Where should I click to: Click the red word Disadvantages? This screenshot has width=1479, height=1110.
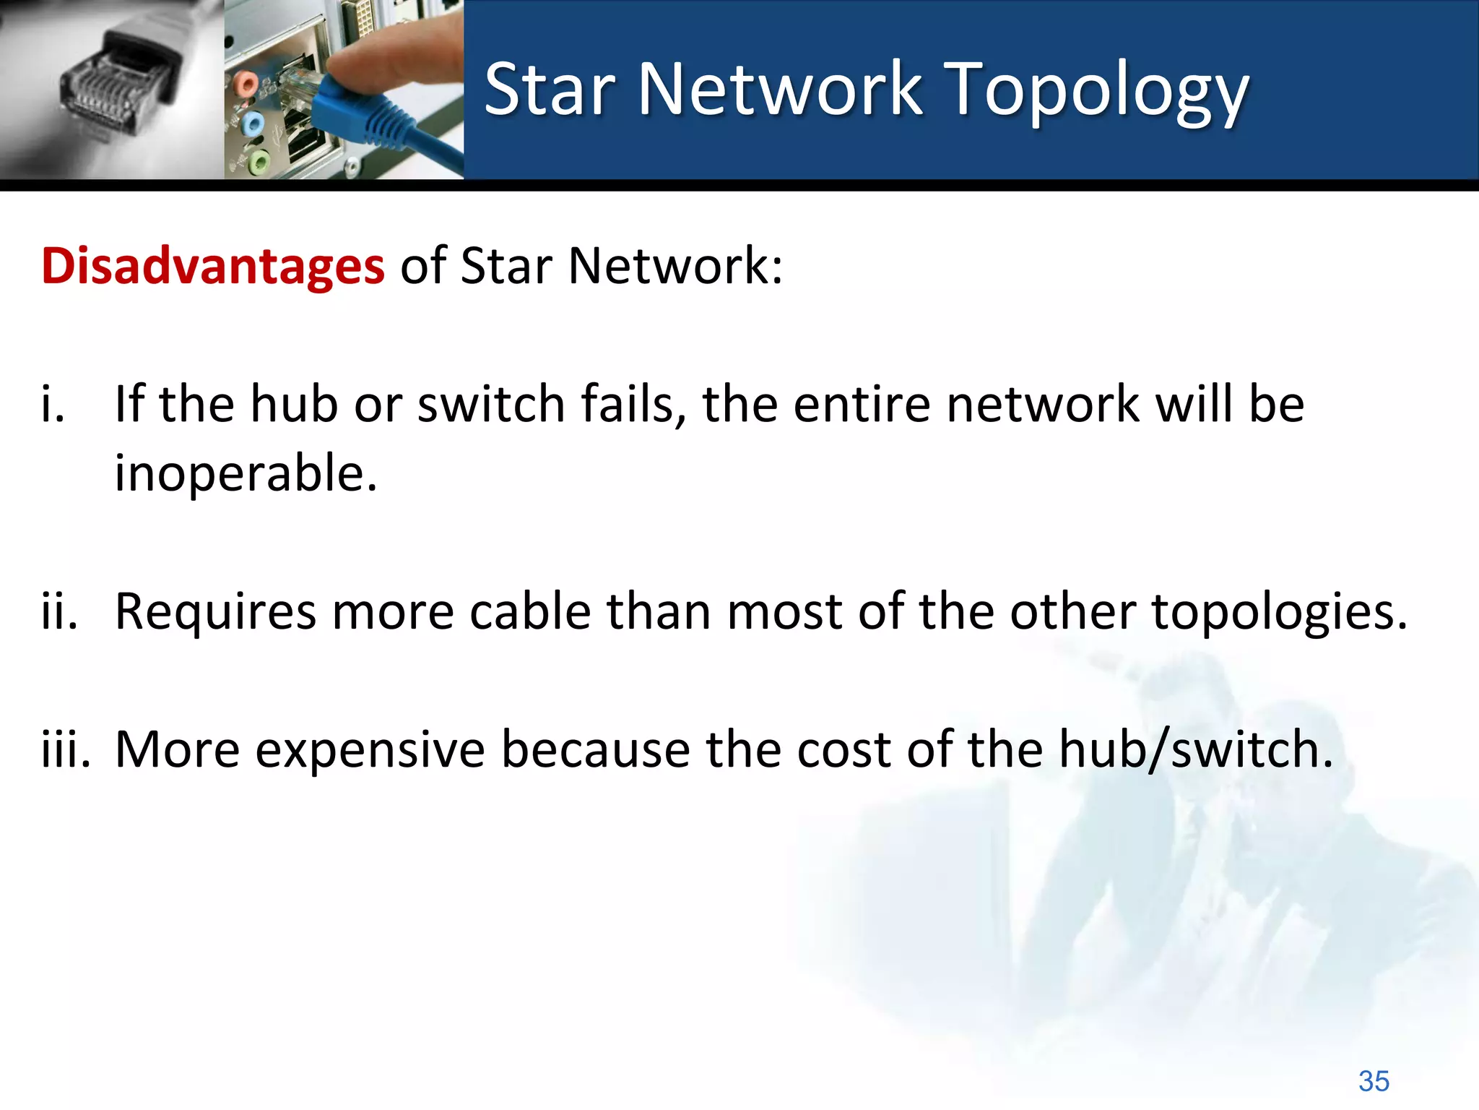click(x=212, y=266)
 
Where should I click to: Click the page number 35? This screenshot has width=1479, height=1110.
click(x=1373, y=1081)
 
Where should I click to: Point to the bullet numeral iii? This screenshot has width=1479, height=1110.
click(x=65, y=749)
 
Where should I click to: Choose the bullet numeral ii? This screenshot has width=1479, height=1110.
click(x=58, y=611)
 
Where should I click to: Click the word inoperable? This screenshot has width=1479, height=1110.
click(x=246, y=473)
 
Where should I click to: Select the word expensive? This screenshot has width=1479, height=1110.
click(x=370, y=750)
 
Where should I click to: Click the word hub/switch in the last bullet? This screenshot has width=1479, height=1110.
click(x=1195, y=750)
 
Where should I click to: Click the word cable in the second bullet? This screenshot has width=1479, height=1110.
click(x=530, y=611)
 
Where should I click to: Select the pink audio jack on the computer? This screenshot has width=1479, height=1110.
click(x=246, y=84)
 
